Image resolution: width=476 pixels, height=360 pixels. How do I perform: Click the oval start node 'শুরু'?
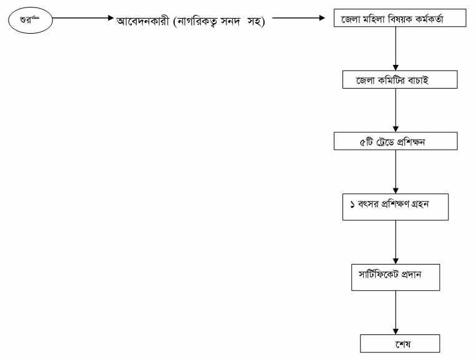click(31, 20)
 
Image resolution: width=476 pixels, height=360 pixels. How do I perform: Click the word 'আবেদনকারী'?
click(142, 21)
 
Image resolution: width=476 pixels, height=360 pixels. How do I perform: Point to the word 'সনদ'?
click(230, 21)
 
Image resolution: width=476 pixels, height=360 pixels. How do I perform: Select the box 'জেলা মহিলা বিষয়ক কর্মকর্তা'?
click(400, 18)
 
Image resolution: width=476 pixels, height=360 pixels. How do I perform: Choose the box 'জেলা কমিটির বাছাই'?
click(400, 79)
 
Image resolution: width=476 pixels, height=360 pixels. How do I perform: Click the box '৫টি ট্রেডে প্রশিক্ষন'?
click(396, 141)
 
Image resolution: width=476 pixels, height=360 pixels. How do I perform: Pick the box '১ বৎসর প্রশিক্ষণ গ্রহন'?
click(396, 207)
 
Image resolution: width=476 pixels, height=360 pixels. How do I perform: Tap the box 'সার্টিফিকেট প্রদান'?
click(396, 277)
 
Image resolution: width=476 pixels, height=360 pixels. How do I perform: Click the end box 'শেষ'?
click(400, 343)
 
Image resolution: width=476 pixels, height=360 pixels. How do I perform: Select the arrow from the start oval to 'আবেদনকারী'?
click(83, 18)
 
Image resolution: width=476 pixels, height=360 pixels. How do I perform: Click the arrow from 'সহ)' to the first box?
click(298, 18)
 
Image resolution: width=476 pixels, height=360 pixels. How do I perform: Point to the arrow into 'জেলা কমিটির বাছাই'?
click(396, 49)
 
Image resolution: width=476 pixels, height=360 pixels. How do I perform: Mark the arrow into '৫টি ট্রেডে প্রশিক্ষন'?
click(396, 110)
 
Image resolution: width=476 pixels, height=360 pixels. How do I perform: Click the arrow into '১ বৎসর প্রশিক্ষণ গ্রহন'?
click(396, 172)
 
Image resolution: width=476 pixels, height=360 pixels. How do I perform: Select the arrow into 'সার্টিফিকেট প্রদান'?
click(396, 242)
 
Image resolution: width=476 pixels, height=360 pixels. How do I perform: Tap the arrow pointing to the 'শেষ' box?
click(396, 313)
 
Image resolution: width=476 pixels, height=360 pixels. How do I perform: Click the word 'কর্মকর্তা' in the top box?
click(429, 19)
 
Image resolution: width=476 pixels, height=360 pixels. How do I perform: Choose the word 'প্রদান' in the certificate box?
click(411, 275)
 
